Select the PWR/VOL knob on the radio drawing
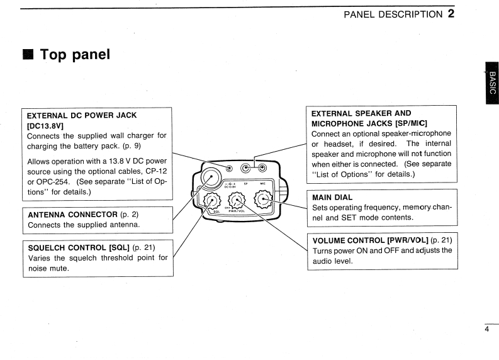[237, 201]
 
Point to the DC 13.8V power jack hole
[230, 168]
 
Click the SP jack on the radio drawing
[246, 168]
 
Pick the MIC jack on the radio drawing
[262, 168]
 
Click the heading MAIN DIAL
[332, 197]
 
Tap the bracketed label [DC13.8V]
[45, 125]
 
